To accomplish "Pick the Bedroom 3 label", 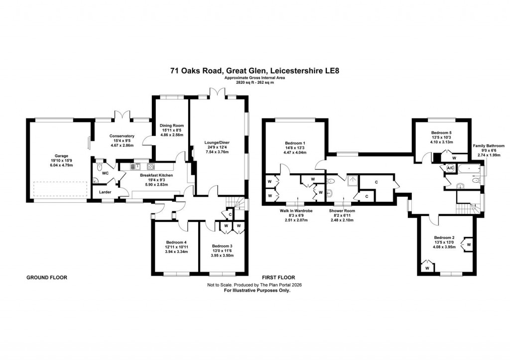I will point(222,246).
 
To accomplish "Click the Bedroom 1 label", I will point(295,144).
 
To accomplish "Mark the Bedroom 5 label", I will point(441,132).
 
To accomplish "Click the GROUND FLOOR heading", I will point(46,277).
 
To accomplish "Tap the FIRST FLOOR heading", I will point(279,277).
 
